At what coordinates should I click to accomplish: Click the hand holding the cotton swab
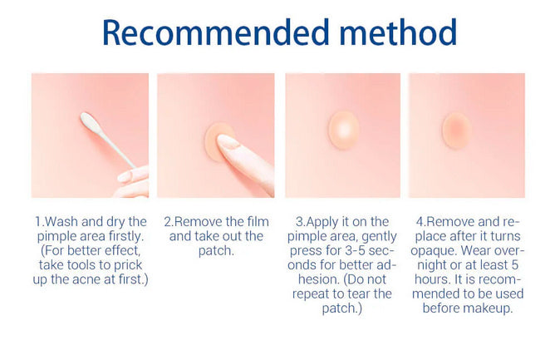tap(133, 181)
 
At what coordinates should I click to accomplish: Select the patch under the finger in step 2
tap(219, 137)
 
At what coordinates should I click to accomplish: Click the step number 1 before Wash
tap(38, 222)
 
